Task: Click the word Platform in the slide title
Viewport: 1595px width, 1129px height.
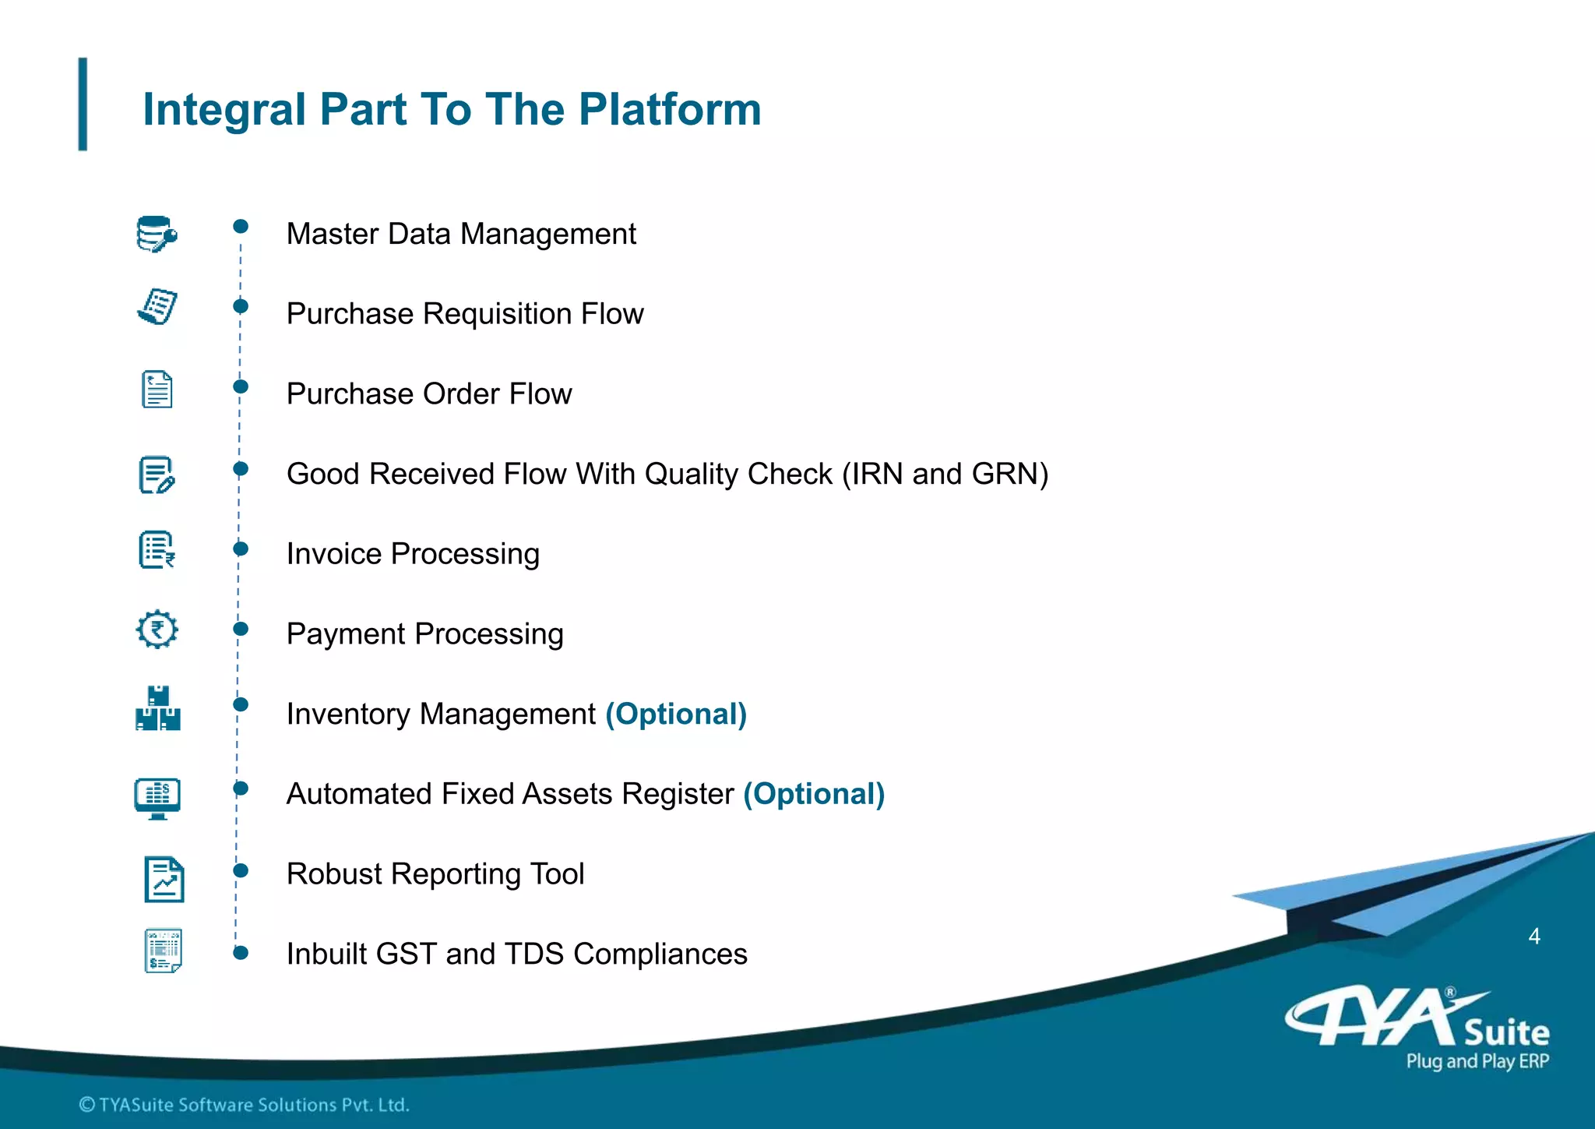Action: point(669,109)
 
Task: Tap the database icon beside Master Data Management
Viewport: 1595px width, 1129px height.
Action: point(157,234)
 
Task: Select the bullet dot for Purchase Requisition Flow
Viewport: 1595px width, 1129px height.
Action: point(241,306)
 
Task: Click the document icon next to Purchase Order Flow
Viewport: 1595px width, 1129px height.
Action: point(157,389)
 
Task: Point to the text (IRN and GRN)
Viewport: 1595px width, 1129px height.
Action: point(945,474)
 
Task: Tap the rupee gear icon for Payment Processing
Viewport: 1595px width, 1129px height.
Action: point(157,629)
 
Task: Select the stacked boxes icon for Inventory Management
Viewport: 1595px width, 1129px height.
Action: point(158,708)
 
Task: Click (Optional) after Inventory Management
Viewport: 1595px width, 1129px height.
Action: point(676,714)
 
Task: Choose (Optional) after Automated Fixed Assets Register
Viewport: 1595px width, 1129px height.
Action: point(814,794)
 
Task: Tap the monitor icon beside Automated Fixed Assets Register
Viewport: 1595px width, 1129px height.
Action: point(157,798)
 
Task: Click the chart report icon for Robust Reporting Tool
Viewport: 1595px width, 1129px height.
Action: point(164,879)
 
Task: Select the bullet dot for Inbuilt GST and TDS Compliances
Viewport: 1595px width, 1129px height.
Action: point(241,953)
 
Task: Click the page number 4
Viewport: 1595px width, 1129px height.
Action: point(1533,936)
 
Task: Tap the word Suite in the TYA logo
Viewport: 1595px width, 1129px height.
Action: point(1506,1033)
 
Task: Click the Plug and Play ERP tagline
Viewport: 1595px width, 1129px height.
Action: point(1477,1061)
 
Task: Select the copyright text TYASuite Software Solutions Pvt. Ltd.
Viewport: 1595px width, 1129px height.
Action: point(245,1104)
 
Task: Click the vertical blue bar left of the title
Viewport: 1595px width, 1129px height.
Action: point(83,104)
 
